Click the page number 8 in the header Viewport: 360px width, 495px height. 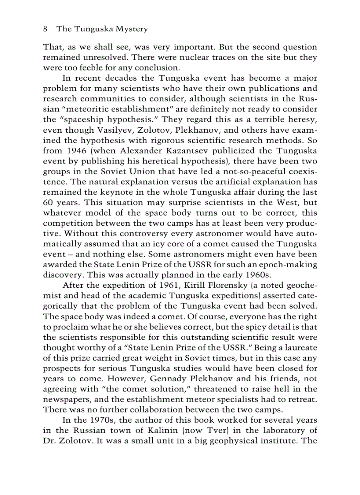tap(45, 29)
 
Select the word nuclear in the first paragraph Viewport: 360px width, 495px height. tap(209, 58)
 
